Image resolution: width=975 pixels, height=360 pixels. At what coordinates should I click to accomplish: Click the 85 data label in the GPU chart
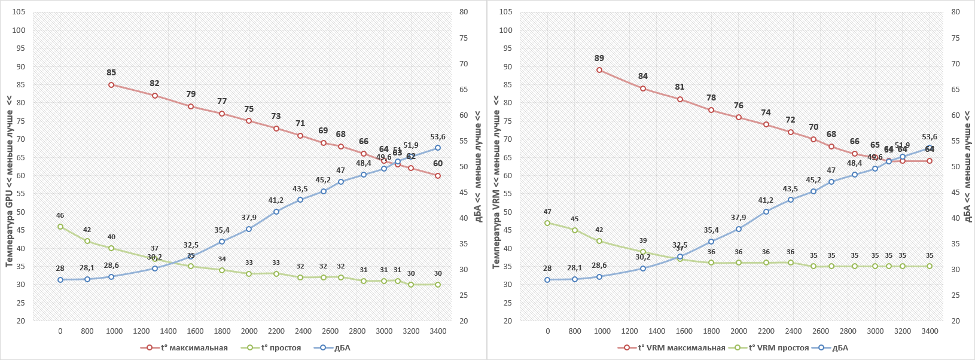tap(111, 73)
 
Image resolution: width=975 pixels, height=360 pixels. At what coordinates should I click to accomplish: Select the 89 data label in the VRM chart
tap(599, 59)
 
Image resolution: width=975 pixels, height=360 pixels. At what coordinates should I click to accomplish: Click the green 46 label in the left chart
tap(60, 216)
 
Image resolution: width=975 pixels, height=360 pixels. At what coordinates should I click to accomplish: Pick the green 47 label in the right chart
tap(547, 212)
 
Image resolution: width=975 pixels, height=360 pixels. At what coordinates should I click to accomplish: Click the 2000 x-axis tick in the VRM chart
tap(738, 331)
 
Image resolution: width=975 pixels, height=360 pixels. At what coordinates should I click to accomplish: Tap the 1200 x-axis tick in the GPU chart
tap(141, 331)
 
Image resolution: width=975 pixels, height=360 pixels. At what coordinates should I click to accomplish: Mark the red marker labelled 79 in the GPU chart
tap(191, 106)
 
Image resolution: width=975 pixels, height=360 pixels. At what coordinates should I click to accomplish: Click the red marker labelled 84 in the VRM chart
tap(643, 89)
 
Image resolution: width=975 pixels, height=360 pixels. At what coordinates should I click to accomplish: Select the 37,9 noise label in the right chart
tap(738, 218)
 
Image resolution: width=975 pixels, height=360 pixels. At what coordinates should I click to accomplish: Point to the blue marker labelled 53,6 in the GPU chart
tap(438, 148)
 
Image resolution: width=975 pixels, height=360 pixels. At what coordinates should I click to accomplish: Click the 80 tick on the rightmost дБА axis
tap(955, 12)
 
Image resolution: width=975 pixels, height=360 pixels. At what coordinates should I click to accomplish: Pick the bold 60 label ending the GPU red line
tap(438, 164)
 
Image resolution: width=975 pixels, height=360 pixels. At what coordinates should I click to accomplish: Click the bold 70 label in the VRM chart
tap(813, 127)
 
